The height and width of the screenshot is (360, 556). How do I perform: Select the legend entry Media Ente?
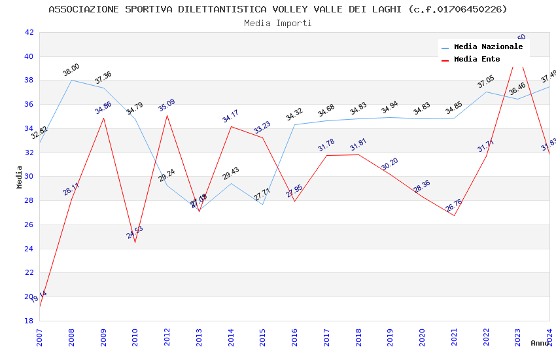[x=477, y=60]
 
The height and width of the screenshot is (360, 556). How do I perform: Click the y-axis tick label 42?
[x=29, y=32]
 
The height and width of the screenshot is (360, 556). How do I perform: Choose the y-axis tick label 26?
[x=29, y=225]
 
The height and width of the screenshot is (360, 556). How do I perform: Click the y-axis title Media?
[x=20, y=177]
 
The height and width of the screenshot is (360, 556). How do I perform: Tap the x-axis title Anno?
[x=540, y=343]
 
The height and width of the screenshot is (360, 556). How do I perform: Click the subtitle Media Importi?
[x=278, y=23]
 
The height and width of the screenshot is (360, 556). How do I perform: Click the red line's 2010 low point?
[x=135, y=242]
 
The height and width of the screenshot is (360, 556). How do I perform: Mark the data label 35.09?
[x=167, y=105]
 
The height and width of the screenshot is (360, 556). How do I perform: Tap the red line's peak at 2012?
[x=167, y=115]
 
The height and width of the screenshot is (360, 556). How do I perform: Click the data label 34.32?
[x=294, y=115]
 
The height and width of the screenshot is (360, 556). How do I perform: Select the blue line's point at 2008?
[x=71, y=80]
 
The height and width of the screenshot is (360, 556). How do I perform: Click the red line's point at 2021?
[x=454, y=215]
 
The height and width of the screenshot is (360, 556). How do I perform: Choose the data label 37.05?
[x=486, y=82]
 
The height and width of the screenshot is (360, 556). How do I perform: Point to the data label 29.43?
[x=231, y=173]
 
